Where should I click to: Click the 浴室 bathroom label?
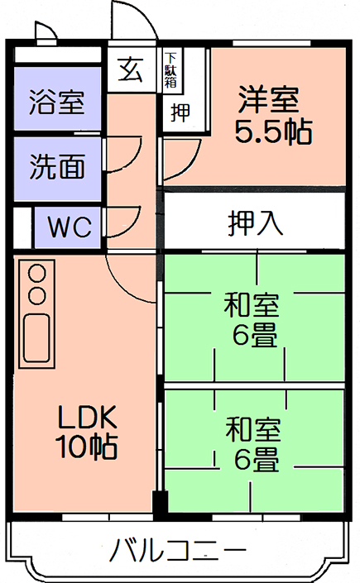click(x=57, y=102)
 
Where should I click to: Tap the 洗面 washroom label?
click(x=57, y=166)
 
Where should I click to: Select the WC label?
click(x=70, y=227)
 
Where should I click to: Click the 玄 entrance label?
click(x=130, y=69)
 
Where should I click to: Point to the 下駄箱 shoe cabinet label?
click(x=170, y=70)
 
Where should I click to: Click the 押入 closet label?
click(x=256, y=223)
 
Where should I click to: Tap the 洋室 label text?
click(x=268, y=99)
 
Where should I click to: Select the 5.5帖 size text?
click(x=273, y=131)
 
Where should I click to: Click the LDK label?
click(x=87, y=417)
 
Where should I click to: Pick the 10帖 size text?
click(x=86, y=447)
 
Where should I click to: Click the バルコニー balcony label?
click(x=179, y=550)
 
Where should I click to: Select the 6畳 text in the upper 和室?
click(x=255, y=336)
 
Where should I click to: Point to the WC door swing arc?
click(x=132, y=227)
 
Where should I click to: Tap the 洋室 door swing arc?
click(x=192, y=163)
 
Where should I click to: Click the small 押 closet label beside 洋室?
click(x=180, y=112)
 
